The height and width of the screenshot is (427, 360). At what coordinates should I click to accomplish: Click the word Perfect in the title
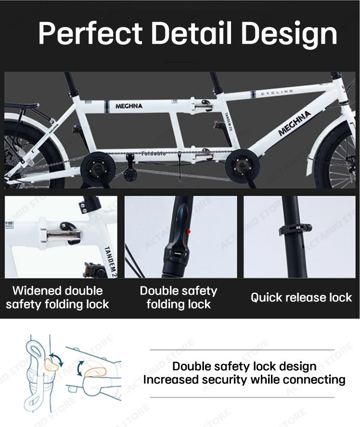coord(90,33)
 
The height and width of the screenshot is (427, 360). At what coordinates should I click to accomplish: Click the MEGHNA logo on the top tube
coord(129,106)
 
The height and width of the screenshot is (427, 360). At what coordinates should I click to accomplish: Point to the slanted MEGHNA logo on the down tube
coord(294,124)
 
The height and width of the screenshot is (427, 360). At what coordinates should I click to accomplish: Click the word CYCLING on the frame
coord(277,92)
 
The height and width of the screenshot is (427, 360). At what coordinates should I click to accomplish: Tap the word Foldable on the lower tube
coord(154,154)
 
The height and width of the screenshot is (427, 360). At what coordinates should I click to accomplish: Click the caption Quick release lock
coord(301,298)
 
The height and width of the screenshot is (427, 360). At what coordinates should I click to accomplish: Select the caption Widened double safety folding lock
coord(57,298)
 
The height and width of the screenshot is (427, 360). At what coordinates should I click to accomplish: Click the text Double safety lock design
coord(244,366)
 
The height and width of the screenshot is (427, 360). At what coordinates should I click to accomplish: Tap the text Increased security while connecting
coord(244,380)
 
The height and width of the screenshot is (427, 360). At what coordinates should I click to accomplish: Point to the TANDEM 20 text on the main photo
coord(228,121)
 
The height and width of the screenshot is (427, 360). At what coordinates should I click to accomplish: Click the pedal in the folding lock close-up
coord(94,270)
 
